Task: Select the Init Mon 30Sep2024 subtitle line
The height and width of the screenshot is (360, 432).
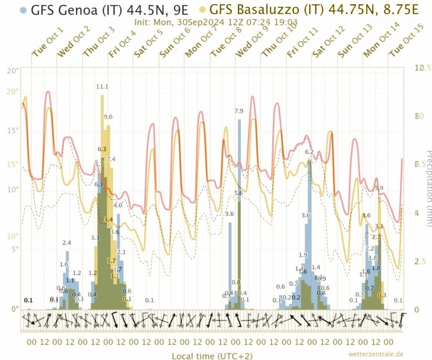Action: pyautogui.click(x=216, y=22)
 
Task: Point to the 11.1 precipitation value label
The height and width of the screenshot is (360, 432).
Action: pyautogui.click(x=103, y=87)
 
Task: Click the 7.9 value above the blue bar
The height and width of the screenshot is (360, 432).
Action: pyautogui.click(x=239, y=111)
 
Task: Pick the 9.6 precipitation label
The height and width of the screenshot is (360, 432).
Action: pyautogui.click(x=108, y=116)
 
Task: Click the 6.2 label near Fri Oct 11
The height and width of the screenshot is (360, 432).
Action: pyautogui.click(x=309, y=152)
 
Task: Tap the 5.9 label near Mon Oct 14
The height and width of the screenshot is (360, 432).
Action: pyautogui.click(x=379, y=188)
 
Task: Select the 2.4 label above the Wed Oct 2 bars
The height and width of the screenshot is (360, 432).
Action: pyautogui.click(x=67, y=243)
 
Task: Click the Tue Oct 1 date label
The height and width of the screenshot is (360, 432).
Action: pyautogui.click(x=48, y=43)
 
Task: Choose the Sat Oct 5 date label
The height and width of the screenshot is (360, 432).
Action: pyautogui.click(x=149, y=43)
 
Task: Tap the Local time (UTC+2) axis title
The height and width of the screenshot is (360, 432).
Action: pyautogui.click(x=212, y=356)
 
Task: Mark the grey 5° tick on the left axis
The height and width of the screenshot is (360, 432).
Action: pyautogui.click(x=13, y=249)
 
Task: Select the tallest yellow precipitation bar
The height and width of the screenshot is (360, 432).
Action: pyautogui.click(x=102, y=203)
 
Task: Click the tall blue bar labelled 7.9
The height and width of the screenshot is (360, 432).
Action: pyautogui.click(x=239, y=211)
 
